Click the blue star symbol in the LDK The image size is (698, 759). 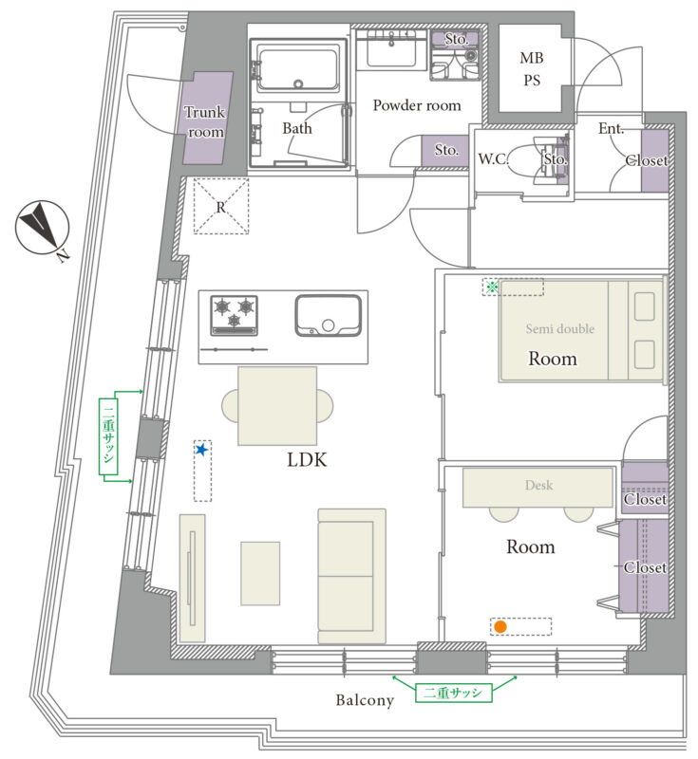[x=202, y=450]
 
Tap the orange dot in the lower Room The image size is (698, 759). [x=500, y=627]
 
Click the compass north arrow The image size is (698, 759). [x=42, y=226]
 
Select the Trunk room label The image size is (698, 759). [x=205, y=121]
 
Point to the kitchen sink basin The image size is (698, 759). [x=328, y=315]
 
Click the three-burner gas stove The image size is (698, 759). [x=234, y=316]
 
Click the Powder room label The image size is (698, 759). [x=417, y=105]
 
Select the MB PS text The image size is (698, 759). [x=532, y=68]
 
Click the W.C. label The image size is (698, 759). [x=493, y=158]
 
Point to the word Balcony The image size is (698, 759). [x=365, y=700]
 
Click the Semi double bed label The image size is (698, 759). [x=560, y=328]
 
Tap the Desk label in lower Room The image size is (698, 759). [x=538, y=485]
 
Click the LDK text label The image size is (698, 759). [x=307, y=459]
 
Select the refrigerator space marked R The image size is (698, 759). [x=221, y=206]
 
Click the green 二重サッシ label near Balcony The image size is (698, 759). [x=453, y=693]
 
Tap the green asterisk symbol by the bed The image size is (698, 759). [x=492, y=287]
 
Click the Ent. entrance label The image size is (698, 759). [x=611, y=128]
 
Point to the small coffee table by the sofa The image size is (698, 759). [x=260, y=573]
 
